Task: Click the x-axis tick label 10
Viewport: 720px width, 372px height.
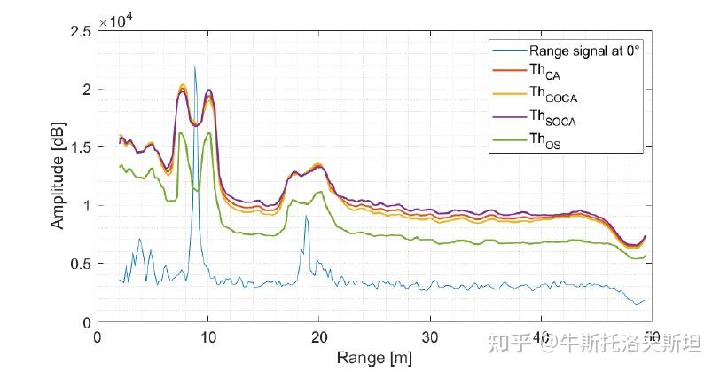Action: (x=208, y=338)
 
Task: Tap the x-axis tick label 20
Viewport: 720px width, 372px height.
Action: (x=319, y=338)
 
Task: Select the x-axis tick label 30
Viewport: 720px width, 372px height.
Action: (x=430, y=338)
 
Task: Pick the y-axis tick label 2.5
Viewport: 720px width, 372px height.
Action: (x=80, y=32)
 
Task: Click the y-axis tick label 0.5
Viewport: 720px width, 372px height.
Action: (x=80, y=265)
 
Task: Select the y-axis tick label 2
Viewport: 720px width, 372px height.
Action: (x=86, y=91)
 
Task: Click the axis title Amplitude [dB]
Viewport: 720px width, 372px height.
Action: (x=58, y=176)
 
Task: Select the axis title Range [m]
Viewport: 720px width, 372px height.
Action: (x=374, y=358)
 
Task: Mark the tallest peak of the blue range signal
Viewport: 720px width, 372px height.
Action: (x=195, y=67)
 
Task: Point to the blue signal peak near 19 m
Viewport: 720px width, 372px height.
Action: (x=306, y=216)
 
